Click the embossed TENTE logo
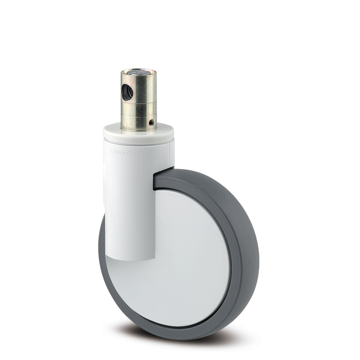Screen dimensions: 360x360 coord(121,153)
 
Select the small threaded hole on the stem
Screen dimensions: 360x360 coord(150,122)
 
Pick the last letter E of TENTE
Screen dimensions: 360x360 coord(128,153)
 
